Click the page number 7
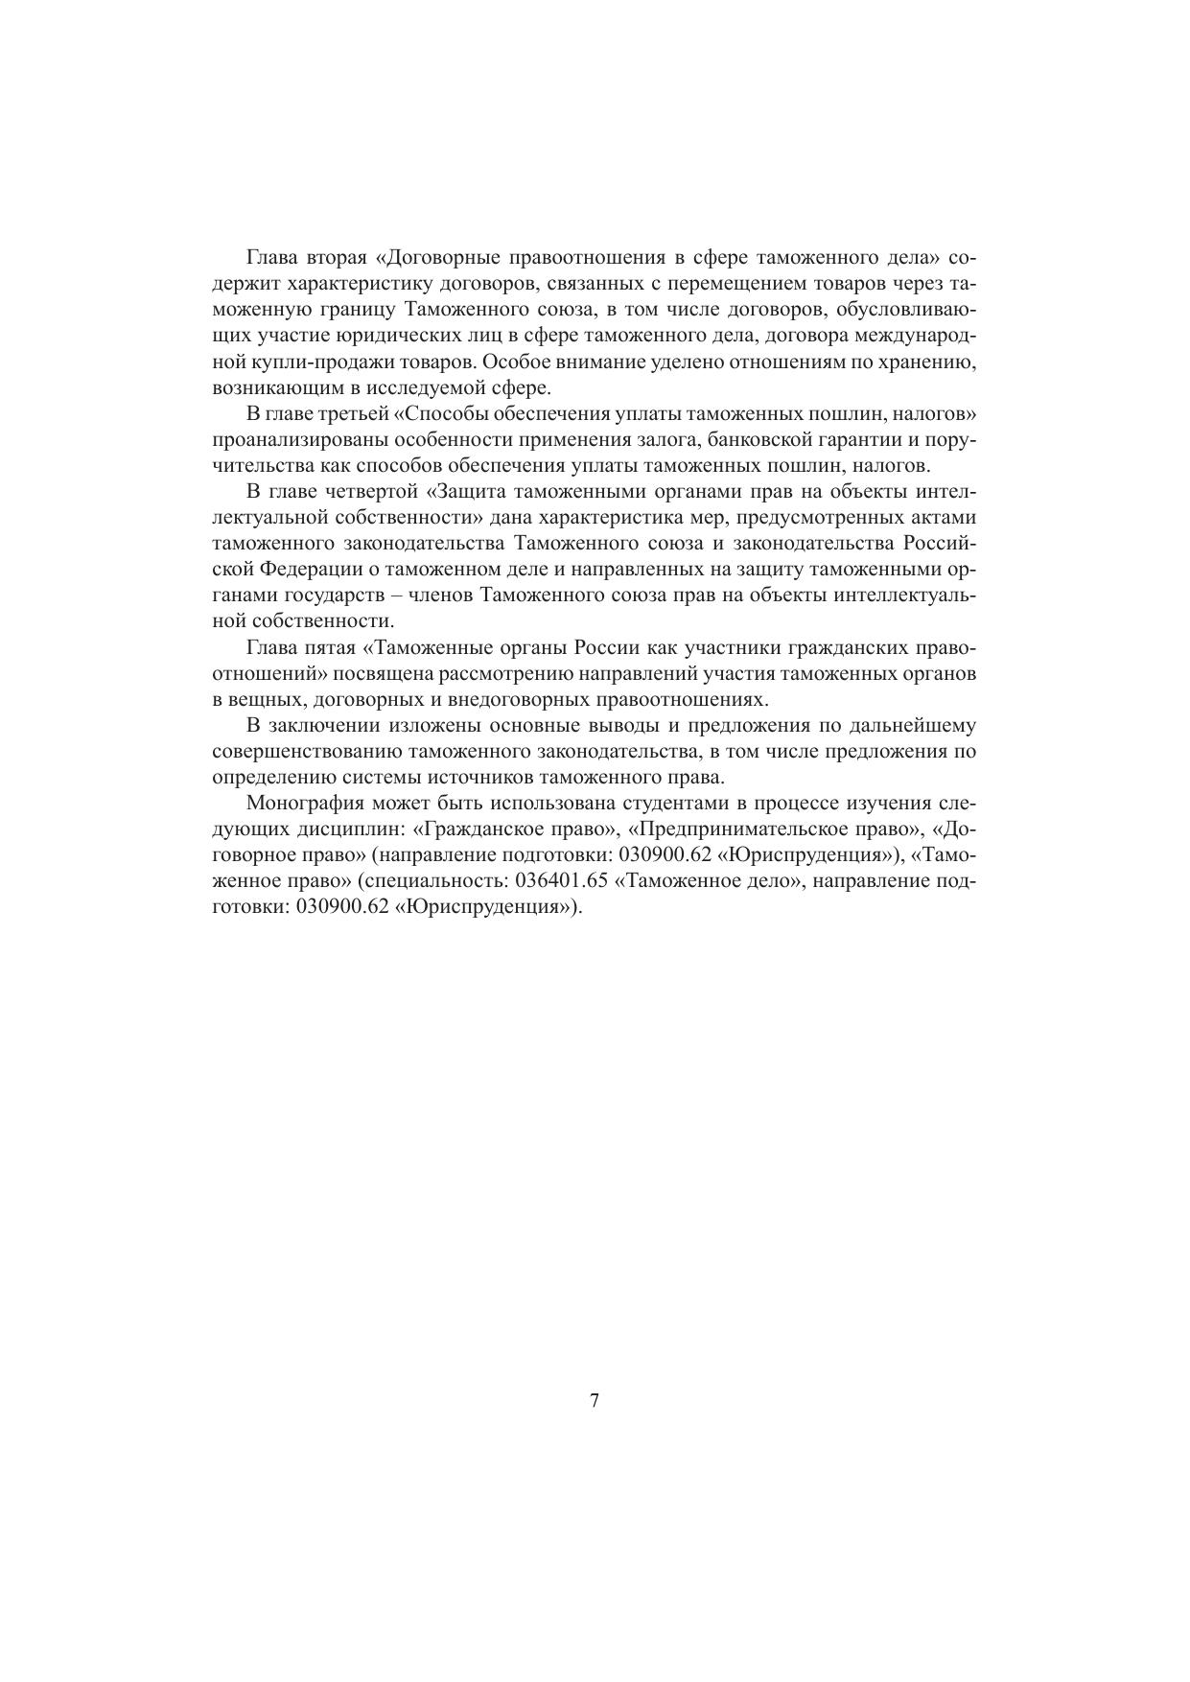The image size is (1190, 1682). [595, 1401]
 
